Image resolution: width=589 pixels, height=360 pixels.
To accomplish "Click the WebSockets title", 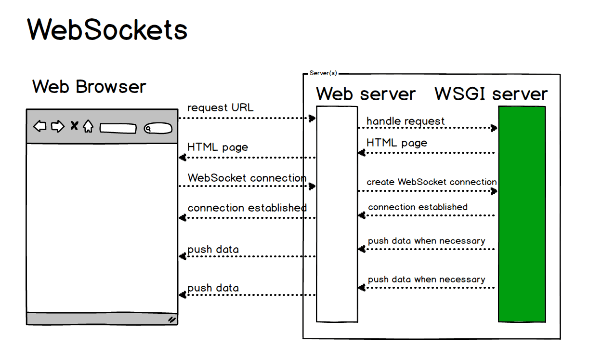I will [x=107, y=30].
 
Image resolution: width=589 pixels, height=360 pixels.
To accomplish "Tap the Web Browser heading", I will [x=89, y=87].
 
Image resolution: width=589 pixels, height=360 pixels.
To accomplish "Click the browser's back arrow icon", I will [x=39, y=127].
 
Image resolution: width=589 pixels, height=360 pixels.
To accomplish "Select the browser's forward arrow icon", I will [x=58, y=127].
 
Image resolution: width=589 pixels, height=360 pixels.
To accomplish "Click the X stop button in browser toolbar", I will [x=74, y=126].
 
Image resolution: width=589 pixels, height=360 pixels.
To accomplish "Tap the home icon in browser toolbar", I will [x=88, y=127].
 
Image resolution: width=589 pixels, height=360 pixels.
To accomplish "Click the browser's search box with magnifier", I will [x=158, y=129].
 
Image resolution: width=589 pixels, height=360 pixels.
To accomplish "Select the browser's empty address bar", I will [x=118, y=129].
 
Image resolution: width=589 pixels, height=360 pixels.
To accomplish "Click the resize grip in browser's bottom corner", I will [x=171, y=319].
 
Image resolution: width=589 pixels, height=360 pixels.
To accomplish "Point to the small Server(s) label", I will [x=323, y=73].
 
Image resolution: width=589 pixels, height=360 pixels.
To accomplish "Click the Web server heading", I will [x=366, y=93].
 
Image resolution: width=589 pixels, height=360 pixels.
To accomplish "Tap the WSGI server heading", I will [x=491, y=93].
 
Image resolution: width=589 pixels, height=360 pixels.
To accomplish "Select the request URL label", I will [x=220, y=107].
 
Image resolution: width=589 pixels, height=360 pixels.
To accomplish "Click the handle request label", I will [x=406, y=121].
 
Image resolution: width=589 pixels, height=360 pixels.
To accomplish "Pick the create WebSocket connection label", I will [x=432, y=182].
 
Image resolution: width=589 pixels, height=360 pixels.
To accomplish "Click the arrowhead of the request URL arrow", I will [x=313, y=118].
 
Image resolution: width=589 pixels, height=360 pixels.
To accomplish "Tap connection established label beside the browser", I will [x=247, y=208].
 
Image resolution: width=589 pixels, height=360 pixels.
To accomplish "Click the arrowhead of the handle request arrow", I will [x=494, y=128].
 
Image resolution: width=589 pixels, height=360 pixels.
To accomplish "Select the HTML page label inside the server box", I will [x=397, y=143].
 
